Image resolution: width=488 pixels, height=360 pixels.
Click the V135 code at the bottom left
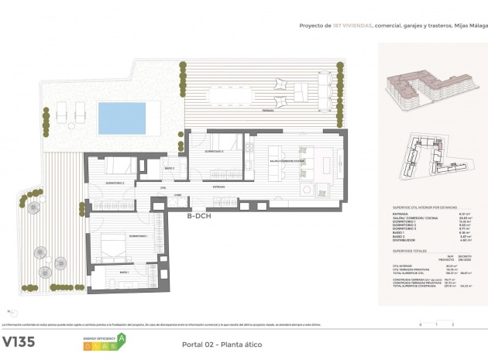click(x=22, y=341)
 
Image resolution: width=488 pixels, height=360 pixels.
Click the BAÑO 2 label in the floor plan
click(x=169, y=168)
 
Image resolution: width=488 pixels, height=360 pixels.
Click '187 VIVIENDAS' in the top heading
click(x=352, y=26)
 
